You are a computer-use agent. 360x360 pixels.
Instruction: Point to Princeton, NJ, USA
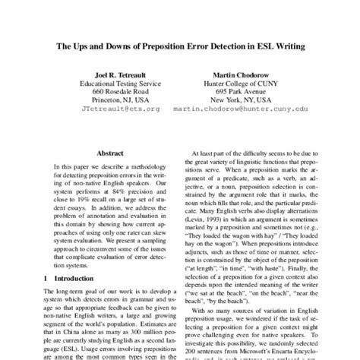(115, 99)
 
